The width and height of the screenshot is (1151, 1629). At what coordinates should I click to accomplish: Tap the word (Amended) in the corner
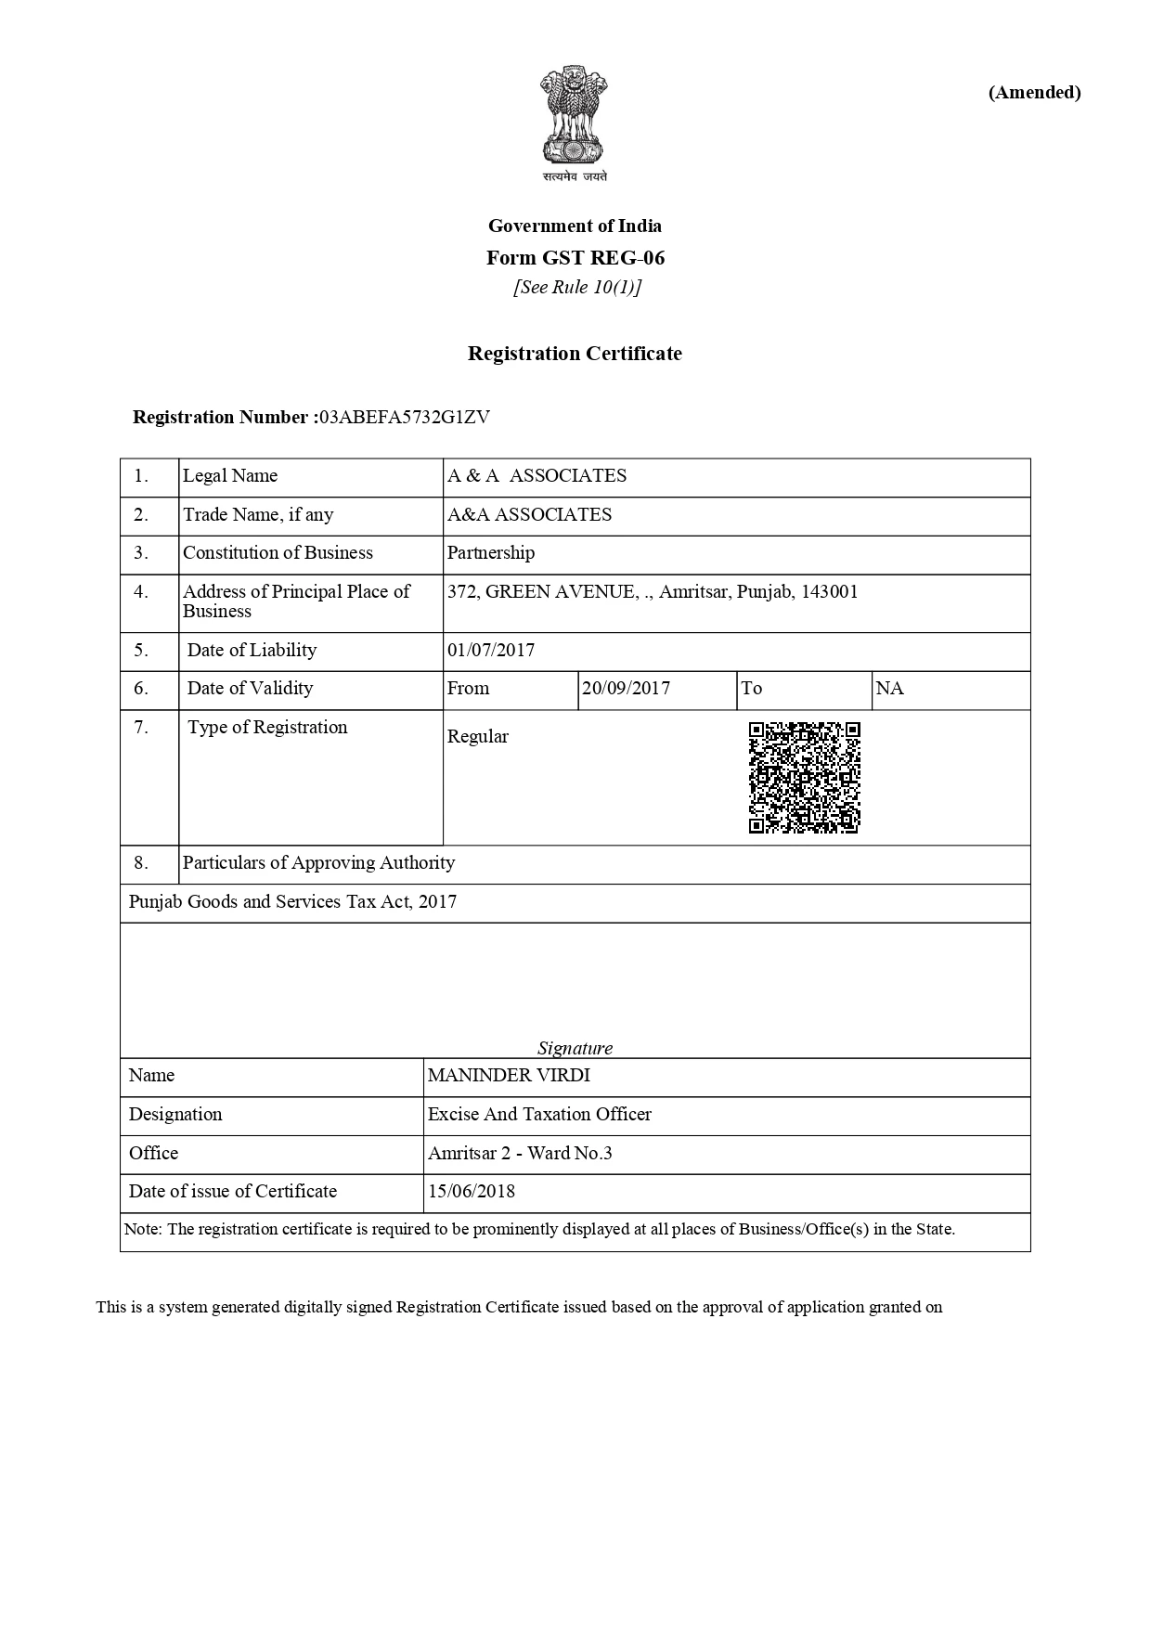pos(1034,92)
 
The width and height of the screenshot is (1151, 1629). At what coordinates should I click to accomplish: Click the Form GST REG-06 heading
pos(575,257)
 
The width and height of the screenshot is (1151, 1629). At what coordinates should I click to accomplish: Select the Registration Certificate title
pos(575,354)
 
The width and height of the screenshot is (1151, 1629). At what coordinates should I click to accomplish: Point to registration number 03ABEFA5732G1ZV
pos(404,417)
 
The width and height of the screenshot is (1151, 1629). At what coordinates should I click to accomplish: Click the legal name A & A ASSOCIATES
pos(537,476)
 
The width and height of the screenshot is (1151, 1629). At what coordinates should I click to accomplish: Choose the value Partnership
pos(491,553)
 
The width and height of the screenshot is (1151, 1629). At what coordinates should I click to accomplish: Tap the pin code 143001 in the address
pos(829,592)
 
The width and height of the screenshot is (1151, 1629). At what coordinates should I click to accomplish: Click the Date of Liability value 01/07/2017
pos(491,651)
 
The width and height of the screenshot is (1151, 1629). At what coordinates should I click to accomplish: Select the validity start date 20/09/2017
pos(626,689)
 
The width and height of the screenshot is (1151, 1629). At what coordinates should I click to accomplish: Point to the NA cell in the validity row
pos(889,689)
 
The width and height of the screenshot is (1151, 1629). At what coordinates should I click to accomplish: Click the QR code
pos(804,778)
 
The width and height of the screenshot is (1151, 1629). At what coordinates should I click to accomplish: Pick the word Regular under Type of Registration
pos(478,737)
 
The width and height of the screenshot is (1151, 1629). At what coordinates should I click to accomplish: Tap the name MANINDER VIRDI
pos(509,1076)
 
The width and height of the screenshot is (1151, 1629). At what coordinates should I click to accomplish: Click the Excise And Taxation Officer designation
pos(539,1115)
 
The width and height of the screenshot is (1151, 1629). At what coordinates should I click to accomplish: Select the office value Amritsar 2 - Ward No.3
pos(520,1154)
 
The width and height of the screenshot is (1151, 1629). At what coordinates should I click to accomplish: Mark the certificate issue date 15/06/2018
pos(472,1192)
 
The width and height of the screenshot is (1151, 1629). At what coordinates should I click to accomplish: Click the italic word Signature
pos(575,1049)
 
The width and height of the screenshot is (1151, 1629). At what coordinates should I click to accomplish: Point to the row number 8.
pos(141,863)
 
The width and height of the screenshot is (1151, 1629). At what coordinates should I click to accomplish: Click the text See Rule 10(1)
pos(577,288)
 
